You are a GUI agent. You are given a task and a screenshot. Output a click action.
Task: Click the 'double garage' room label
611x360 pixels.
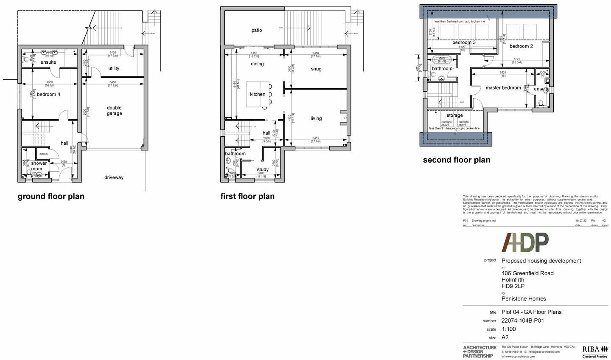[x=114, y=111]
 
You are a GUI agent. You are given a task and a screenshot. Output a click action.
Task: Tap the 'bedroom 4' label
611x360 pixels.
[x=48, y=94]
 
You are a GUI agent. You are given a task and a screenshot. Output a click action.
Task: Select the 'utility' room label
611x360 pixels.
[x=114, y=68]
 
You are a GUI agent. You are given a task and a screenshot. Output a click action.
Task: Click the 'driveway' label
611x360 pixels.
[x=114, y=177]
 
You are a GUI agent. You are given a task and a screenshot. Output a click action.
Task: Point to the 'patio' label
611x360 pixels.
[x=257, y=30]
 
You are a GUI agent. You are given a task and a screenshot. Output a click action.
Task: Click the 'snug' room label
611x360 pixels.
[x=316, y=69]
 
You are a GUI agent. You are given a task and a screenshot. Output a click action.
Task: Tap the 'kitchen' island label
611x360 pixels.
[x=258, y=94]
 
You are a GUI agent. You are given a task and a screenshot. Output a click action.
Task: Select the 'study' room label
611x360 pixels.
[x=263, y=169]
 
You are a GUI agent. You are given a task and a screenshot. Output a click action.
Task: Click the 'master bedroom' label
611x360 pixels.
[x=503, y=88]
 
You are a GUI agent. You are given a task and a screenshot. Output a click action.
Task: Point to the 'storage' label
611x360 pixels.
[x=454, y=115]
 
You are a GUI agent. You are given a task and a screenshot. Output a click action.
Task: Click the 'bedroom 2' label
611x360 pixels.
[x=521, y=46]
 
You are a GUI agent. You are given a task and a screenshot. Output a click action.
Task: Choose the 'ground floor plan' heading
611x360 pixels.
[x=51, y=197]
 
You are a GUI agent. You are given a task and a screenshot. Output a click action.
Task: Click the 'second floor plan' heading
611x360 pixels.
[x=457, y=160]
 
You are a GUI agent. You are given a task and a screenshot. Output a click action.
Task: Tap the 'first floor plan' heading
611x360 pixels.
[x=247, y=197]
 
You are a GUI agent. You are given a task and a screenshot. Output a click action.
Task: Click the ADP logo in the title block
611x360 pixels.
[x=526, y=243]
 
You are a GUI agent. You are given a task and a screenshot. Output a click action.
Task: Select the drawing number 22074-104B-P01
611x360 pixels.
[x=523, y=321]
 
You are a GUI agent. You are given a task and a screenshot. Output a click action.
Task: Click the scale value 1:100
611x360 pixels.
[x=509, y=329]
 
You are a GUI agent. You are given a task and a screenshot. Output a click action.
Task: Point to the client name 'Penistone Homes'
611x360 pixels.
[x=524, y=298]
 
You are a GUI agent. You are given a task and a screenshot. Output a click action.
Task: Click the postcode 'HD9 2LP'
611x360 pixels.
[x=513, y=286]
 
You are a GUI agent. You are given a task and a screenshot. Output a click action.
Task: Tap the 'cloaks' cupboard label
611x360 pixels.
[x=44, y=154]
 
